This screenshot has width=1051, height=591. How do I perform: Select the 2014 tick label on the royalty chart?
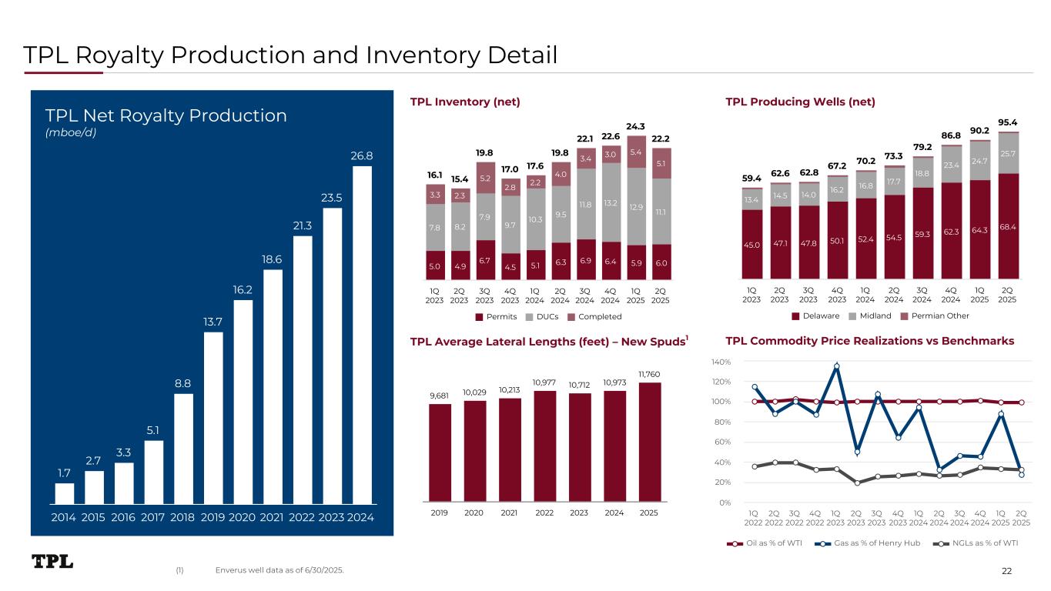coord(64,517)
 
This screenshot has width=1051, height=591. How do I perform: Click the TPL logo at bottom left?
coord(52,562)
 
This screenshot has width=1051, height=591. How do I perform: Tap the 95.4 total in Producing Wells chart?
coord(1008,122)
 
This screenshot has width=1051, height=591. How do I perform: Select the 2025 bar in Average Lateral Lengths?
coord(649,442)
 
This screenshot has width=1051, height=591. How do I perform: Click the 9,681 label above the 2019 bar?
coord(440,396)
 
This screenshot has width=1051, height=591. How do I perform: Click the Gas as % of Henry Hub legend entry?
coord(871,544)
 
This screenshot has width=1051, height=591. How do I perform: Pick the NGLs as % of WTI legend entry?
coord(979,544)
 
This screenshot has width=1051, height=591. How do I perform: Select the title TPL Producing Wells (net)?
coord(800,102)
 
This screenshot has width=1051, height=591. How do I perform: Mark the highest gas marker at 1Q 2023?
coord(836,366)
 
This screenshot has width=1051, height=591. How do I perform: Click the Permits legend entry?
coord(496,317)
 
